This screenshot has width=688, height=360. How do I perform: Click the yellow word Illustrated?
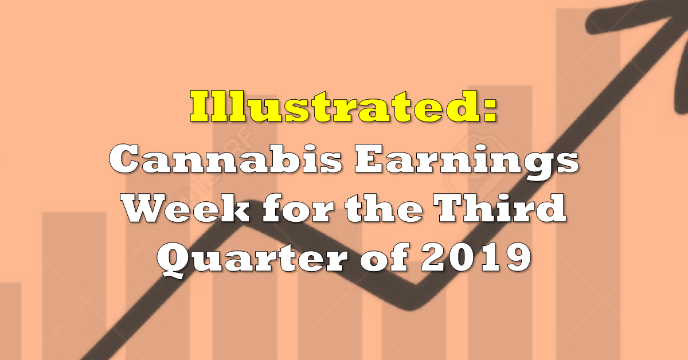(334, 106)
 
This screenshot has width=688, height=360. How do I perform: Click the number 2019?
(476, 257)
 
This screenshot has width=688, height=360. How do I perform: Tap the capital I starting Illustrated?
(200, 106)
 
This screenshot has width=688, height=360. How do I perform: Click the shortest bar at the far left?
(10, 321)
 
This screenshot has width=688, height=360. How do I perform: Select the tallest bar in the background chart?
(588, 185)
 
